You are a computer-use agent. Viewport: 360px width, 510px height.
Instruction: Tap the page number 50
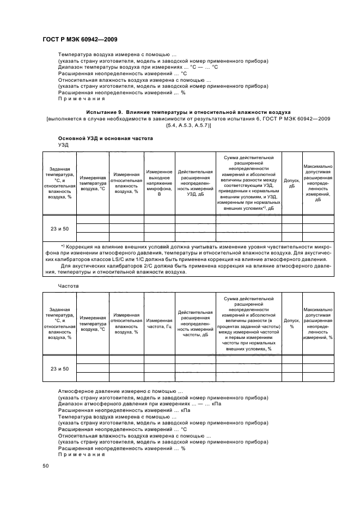click(x=46, y=466)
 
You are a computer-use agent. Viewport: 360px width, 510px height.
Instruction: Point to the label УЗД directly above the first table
click(x=63, y=145)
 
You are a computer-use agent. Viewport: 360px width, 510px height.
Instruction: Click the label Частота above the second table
click(x=68, y=285)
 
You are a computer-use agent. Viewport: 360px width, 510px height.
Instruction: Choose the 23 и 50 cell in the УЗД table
click(x=60, y=229)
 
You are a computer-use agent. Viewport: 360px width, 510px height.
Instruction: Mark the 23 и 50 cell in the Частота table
click(x=60, y=369)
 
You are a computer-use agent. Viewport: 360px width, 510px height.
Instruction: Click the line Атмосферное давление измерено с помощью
click(x=120, y=391)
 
